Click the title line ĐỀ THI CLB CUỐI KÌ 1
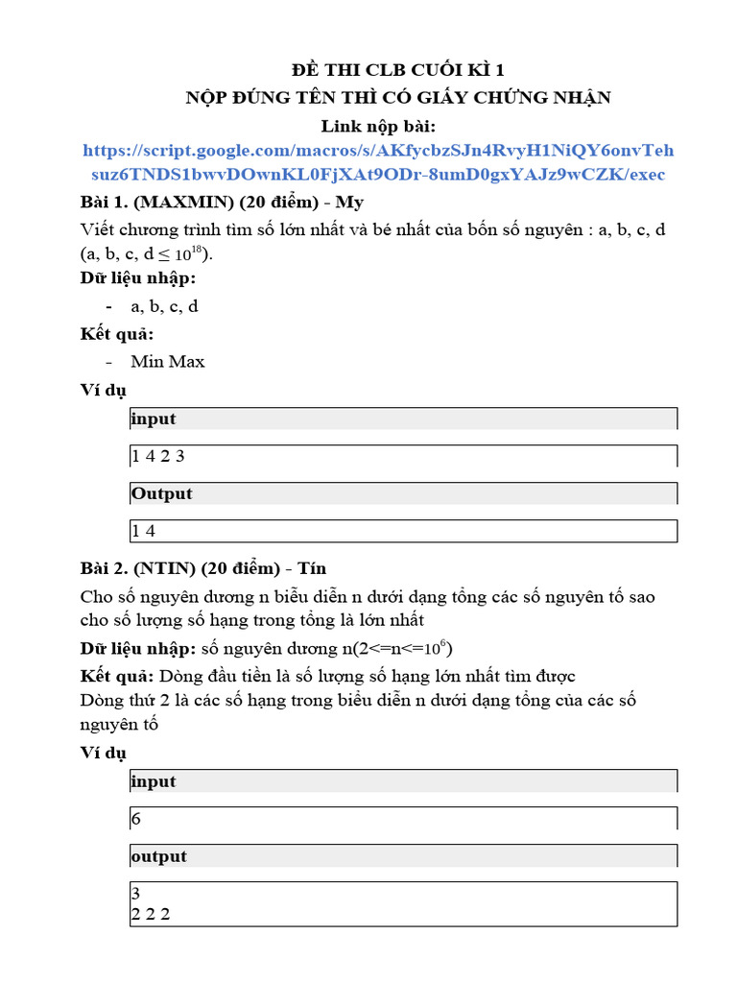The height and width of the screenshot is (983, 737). click(397, 70)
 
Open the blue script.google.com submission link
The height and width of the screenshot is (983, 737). click(378, 162)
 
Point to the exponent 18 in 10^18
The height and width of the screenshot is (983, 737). click(197, 250)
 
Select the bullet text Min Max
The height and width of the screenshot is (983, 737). click(168, 361)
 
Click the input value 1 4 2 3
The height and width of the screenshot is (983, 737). click(157, 456)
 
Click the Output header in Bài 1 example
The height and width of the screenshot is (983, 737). click(161, 493)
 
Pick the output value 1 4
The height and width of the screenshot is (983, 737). click(143, 531)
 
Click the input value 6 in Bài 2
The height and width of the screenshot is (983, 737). click(135, 819)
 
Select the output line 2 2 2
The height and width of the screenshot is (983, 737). click(151, 914)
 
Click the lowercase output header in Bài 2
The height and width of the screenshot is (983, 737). click(158, 856)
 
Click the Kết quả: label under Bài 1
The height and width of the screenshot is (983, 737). click(115, 334)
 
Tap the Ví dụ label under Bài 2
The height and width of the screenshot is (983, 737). click(103, 753)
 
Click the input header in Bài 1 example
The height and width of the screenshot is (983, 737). click(154, 419)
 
